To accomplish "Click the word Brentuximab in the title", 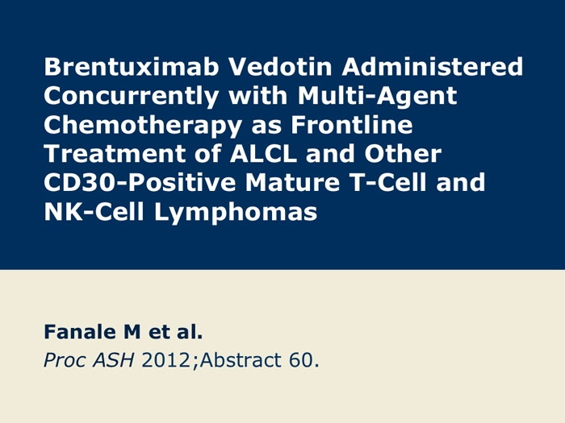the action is [x=132, y=67].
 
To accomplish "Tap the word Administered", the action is [x=433, y=67].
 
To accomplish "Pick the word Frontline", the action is [x=352, y=124].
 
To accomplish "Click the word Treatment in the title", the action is [x=115, y=153].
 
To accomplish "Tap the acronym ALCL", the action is [x=263, y=153].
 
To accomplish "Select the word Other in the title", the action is [x=403, y=153].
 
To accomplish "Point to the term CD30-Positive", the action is [x=140, y=182].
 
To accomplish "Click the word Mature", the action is [x=292, y=182].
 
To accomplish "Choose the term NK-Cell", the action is [x=94, y=211].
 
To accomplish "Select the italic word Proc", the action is [x=65, y=360].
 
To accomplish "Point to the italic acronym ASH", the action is [x=114, y=360].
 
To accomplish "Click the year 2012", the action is [x=165, y=360].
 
